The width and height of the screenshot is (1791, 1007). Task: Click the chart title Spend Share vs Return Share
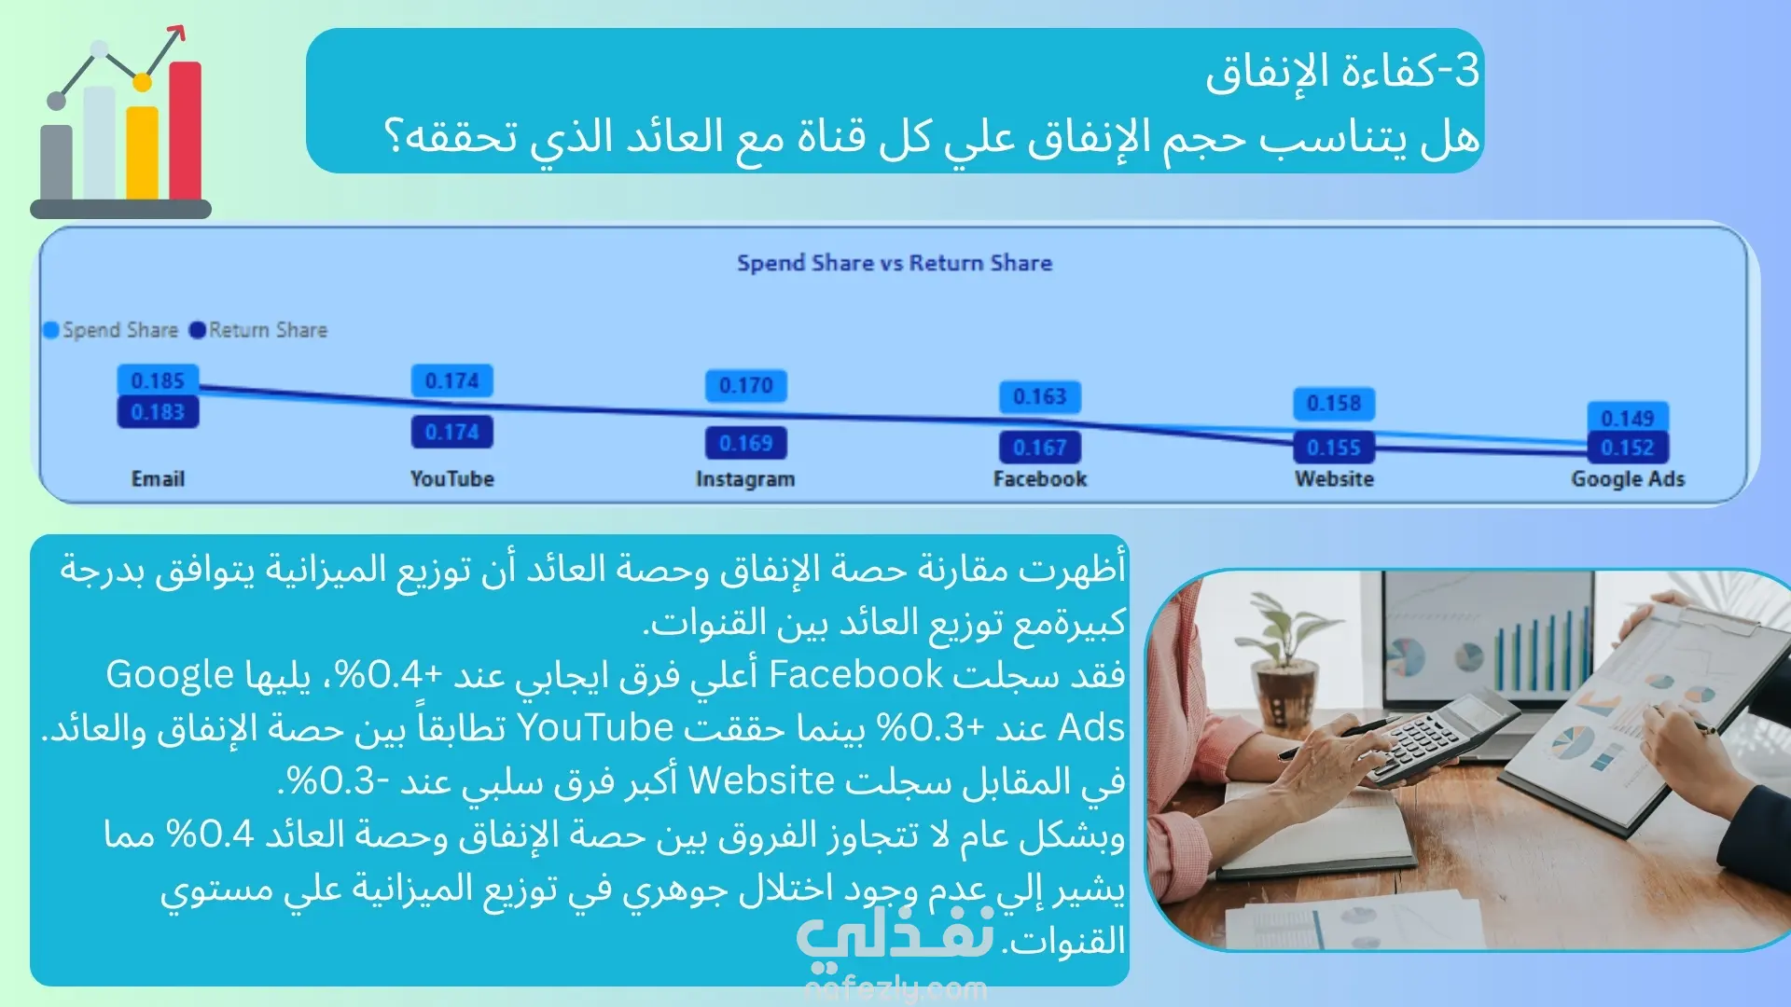click(x=895, y=263)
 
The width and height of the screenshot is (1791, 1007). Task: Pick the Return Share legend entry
click(x=258, y=330)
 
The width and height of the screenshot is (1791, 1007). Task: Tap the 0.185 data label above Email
click(x=158, y=380)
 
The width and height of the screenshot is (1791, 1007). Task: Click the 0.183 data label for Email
click(x=158, y=412)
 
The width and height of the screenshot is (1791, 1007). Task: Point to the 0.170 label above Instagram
click(x=746, y=385)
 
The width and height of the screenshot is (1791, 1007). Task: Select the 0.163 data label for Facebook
click(x=1040, y=397)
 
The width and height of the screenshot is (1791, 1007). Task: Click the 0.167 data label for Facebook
click(x=1040, y=448)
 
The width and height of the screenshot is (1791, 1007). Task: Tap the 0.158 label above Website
click(x=1334, y=404)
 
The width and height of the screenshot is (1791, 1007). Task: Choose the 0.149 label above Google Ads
click(x=1628, y=418)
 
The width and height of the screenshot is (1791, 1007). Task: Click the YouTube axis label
click(x=452, y=479)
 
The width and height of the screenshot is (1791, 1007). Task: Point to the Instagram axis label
click(x=745, y=479)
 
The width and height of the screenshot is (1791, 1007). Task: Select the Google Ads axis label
click(x=1628, y=479)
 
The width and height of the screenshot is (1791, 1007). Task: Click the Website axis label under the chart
click(x=1334, y=479)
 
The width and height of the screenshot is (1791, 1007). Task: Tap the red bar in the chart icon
click(x=186, y=131)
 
